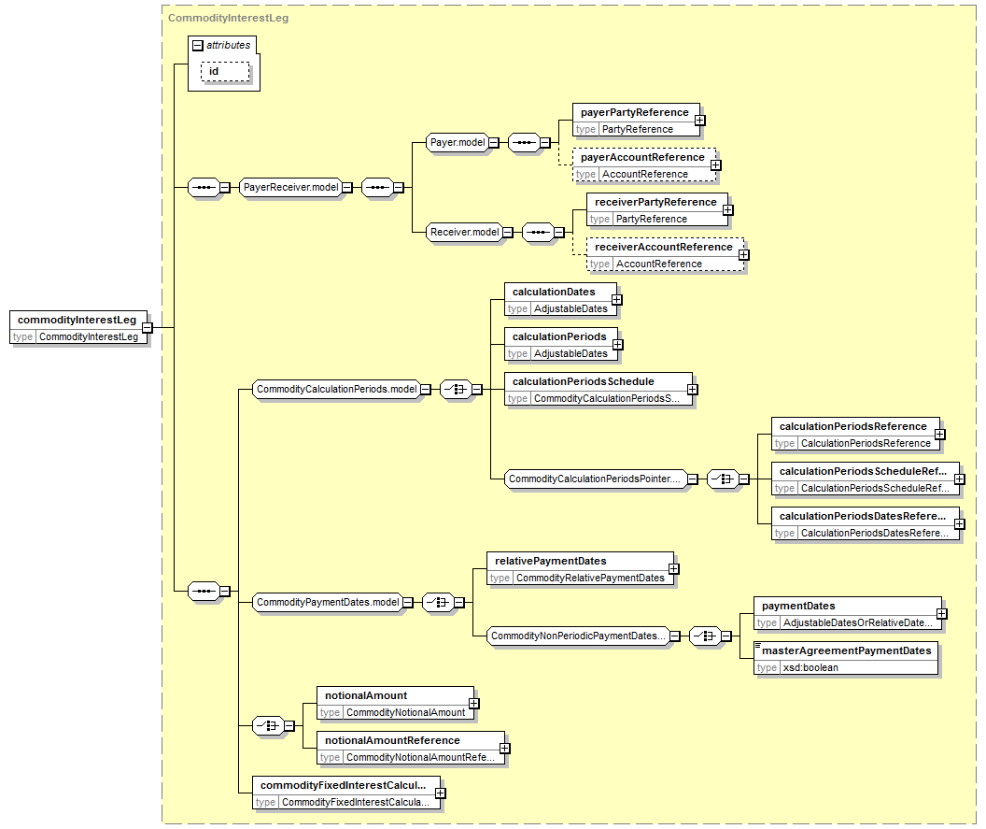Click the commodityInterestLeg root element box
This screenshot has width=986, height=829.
pos(78,327)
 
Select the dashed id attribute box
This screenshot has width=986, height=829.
pos(225,72)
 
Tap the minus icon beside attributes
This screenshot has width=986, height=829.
pos(197,45)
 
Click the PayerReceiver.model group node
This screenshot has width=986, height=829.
pos(291,188)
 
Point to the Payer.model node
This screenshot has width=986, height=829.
pos(458,143)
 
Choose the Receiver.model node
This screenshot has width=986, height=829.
pos(465,233)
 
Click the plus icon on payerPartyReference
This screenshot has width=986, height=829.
pos(700,121)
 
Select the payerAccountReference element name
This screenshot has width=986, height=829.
pos(642,157)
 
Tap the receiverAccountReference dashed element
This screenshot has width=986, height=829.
pos(666,255)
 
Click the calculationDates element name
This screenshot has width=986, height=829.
pos(554,293)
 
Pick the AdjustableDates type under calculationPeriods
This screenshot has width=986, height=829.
pos(571,354)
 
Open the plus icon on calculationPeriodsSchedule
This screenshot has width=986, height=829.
pos(692,390)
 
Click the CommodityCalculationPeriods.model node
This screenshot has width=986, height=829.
pos(336,390)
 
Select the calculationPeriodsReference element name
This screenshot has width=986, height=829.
pos(853,427)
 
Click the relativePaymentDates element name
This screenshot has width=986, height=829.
pos(551,562)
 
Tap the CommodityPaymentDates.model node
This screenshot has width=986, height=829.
pos(328,603)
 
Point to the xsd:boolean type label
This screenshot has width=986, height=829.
pos(810,668)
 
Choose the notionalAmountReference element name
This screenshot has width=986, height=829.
pos(392,741)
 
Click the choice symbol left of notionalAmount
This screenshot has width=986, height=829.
pos(268,726)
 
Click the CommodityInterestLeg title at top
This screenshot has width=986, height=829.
pos(228,19)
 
